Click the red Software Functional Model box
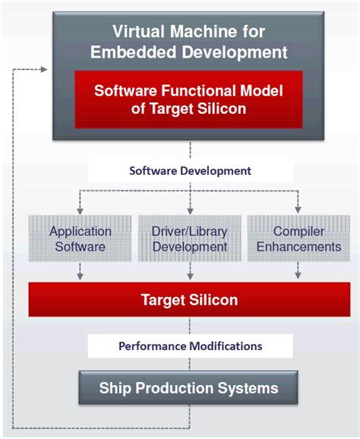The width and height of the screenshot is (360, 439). [188, 99]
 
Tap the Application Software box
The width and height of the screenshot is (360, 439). [81, 238]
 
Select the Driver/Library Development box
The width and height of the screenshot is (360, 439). [189, 238]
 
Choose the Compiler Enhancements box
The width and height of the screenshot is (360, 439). [298, 238]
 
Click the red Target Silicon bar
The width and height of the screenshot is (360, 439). [189, 299]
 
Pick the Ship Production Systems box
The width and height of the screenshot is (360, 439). [188, 389]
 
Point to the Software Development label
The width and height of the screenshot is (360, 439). [190, 170]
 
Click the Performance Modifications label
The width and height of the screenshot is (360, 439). [190, 346]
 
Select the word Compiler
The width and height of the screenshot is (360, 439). [298, 231]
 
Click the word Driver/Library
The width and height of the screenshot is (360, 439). [189, 231]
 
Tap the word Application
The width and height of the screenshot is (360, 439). [81, 231]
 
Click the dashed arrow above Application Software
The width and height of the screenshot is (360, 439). [81, 203]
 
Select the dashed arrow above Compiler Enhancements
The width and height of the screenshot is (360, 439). [297, 203]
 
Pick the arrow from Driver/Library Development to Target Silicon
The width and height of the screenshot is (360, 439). [189, 272]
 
